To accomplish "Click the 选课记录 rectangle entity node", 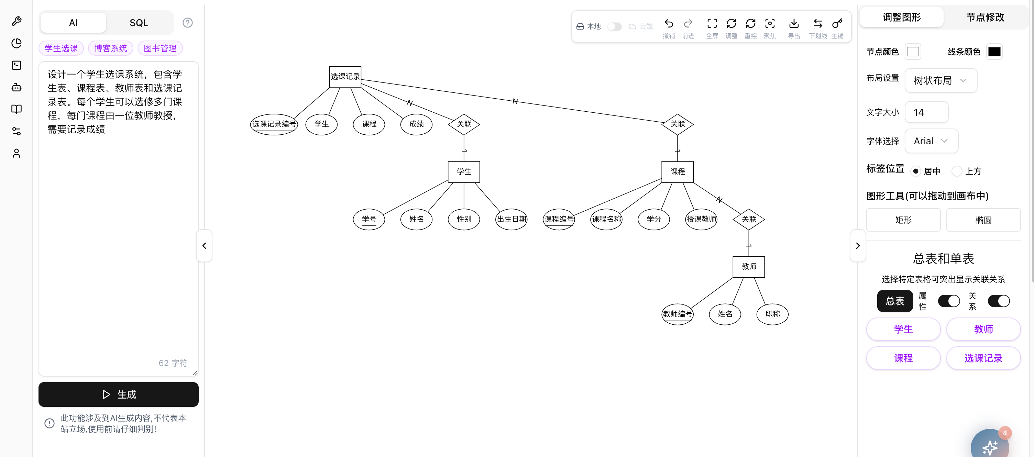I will pos(345,77).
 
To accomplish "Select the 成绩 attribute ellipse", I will pos(416,124).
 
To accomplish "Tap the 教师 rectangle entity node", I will pos(749,266).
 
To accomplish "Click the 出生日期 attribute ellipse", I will pos(511,219).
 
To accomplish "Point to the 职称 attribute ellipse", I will pos(772,314).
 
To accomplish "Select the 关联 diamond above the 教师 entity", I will pos(749,219).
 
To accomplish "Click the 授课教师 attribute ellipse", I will pos(701,219).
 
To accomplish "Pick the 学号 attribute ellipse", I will pos(369,219).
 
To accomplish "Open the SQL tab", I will pos(139,23).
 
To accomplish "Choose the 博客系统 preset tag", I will pos(110,48).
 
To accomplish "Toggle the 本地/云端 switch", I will pos(614,26).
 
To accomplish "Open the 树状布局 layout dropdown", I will pos(940,80).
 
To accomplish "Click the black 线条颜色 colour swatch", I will pos(994,51).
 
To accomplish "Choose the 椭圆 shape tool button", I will pos(983,220).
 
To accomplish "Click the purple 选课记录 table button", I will pos(983,358).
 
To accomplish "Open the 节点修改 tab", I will pos(985,17).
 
